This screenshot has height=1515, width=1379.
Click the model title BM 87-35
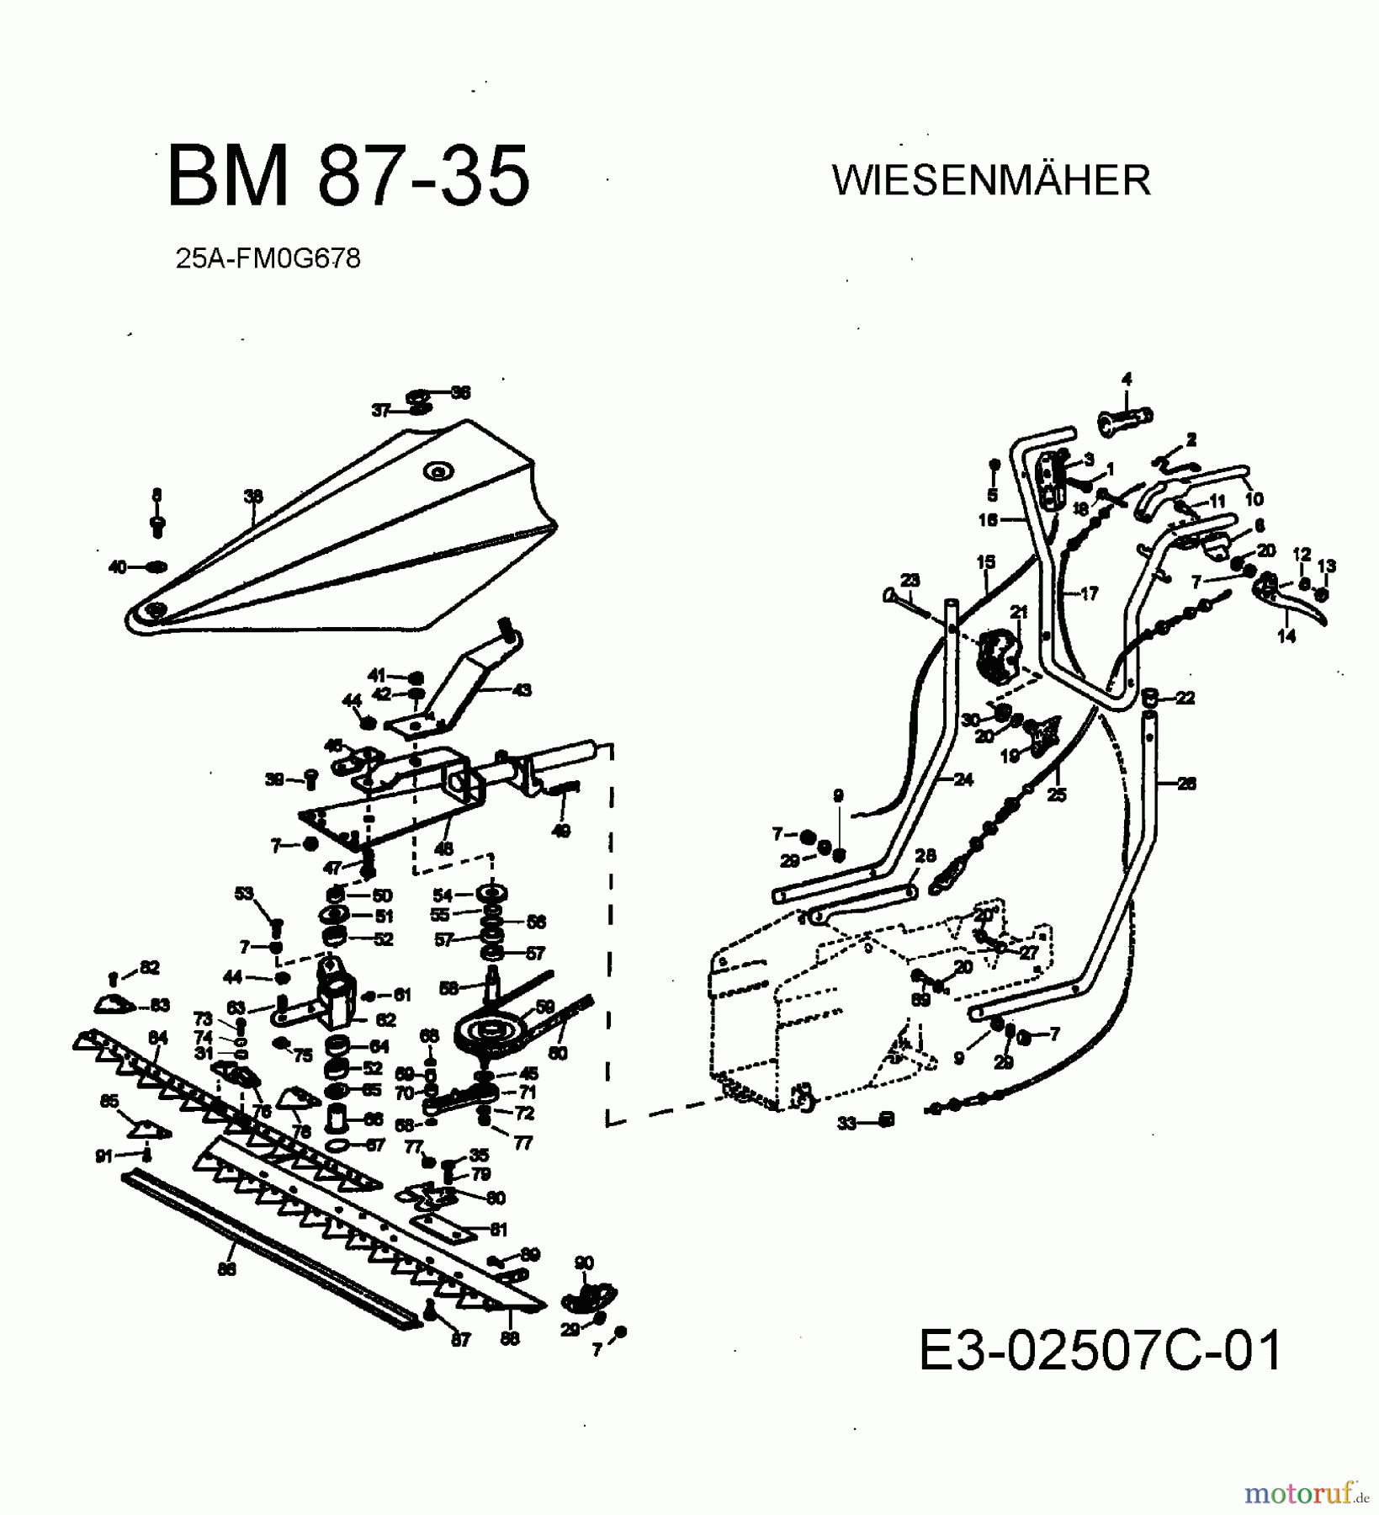click(x=349, y=176)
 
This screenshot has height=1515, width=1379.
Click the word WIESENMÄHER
click(x=991, y=180)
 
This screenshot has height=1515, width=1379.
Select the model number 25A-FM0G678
click(x=268, y=258)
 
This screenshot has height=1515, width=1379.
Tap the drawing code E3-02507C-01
click(x=1100, y=1350)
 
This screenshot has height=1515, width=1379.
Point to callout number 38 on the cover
click(x=253, y=497)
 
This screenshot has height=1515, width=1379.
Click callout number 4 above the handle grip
click(x=1127, y=379)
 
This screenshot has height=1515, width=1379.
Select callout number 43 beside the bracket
click(x=522, y=690)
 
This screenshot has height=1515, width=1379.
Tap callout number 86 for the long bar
click(x=226, y=1269)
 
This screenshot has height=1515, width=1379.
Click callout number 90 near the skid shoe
click(x=583, y=1262)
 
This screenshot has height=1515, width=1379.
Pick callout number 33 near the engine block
click(x=846, y=1123)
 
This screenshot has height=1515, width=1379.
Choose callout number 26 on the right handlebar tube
click(x=1186, y=784)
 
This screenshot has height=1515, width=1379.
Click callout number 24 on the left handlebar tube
click(x=963, y=779)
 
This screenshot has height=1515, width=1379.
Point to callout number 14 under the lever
click(x=1286, y=637)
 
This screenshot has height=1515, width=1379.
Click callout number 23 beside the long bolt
click(x=910, y=580)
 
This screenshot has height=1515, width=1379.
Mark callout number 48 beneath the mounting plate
click(x=443, y=848)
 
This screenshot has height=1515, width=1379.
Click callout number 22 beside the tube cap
click(x=1185, y=698)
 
